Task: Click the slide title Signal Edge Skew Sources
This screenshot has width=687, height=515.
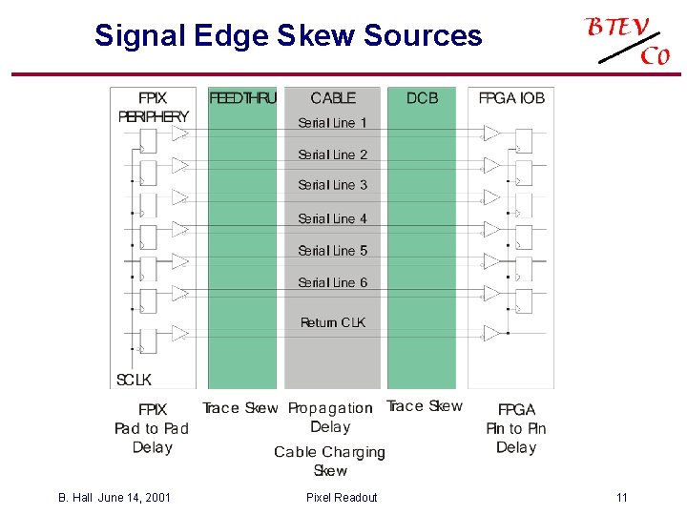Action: click(288, 36)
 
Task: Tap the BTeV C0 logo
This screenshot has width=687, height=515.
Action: click(629, 40)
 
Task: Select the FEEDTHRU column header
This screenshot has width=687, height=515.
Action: click(242, 98)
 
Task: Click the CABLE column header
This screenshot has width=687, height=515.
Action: click(333, 98)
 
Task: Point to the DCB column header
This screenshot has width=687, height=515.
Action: click(422, 98)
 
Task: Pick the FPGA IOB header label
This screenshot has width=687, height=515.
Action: click(511, 98)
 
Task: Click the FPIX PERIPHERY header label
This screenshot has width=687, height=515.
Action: click(153, 107)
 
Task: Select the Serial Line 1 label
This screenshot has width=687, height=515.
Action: click(332, 123)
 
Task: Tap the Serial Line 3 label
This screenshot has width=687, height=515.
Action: click(332, 185)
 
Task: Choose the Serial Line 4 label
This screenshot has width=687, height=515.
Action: click(332, 218)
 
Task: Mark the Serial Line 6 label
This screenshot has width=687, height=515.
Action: click(332, 282)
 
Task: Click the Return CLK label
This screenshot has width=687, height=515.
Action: click(332, 322)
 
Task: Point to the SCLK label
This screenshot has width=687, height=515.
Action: click(134, 380)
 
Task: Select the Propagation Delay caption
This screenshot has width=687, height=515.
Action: click(330, 418)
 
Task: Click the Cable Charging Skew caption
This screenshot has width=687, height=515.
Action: click(330, 461)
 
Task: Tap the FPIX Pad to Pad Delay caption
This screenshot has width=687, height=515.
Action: click(153, 428)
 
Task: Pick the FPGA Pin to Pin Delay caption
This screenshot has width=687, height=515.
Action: click(516, 428)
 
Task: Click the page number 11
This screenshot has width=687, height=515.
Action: click(622, 497)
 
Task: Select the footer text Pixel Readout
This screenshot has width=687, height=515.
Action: click(342, 497)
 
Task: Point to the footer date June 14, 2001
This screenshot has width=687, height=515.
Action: click(135, 497)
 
